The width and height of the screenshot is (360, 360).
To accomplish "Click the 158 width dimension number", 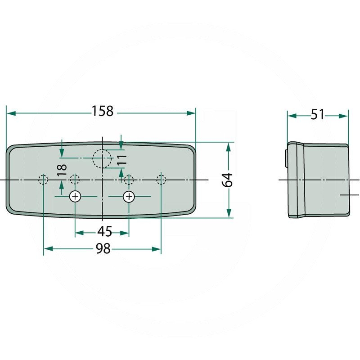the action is [x=103, y=111].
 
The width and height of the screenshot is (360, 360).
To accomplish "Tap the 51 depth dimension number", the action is [x=317, y=115].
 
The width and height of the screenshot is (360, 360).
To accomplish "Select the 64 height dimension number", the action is [x=227, y=180].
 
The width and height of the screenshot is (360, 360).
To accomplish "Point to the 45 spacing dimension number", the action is [x=105, y=231].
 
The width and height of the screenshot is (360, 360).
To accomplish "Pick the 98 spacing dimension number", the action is [x=103, y=248].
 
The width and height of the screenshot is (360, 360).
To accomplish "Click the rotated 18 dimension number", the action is [x=62, y=170].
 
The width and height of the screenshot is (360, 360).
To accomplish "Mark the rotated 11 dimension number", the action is [x=121, y=160].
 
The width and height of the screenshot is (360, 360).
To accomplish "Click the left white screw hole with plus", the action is [x=75, y=197].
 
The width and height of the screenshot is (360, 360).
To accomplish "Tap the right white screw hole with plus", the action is [x=129, y=197].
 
